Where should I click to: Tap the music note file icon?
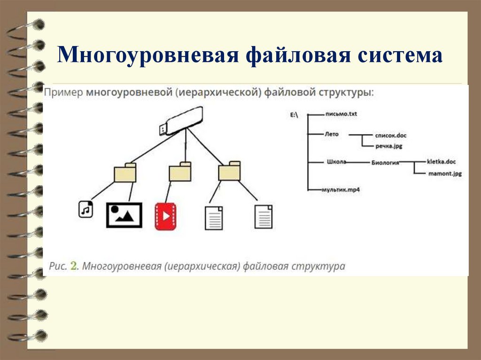pos(85,209)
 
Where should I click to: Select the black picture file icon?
pos(124,215)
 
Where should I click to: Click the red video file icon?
pos(165,216)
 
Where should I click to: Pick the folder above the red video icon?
pos(180,172)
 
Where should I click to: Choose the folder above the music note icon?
pos(125,173)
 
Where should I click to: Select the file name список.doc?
pos(390,135)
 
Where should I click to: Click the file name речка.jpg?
pos(388,146)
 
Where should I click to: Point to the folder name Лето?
pos(331,134)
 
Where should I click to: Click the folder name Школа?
pos(336,162)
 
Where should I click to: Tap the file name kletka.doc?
pos(441,161)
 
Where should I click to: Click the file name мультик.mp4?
pos(341,190)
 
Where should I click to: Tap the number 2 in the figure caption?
pos(73,266)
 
